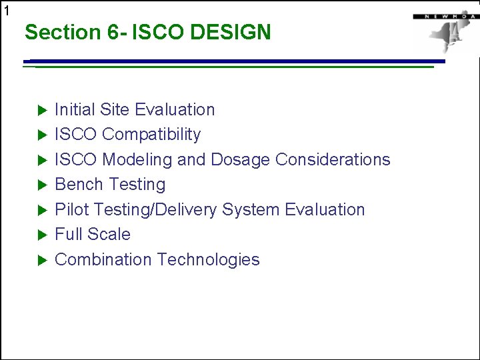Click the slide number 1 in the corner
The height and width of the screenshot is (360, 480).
tap(7, 10)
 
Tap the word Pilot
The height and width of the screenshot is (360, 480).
tap(71, 209)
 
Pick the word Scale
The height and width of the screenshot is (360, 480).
tap(111, 234)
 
